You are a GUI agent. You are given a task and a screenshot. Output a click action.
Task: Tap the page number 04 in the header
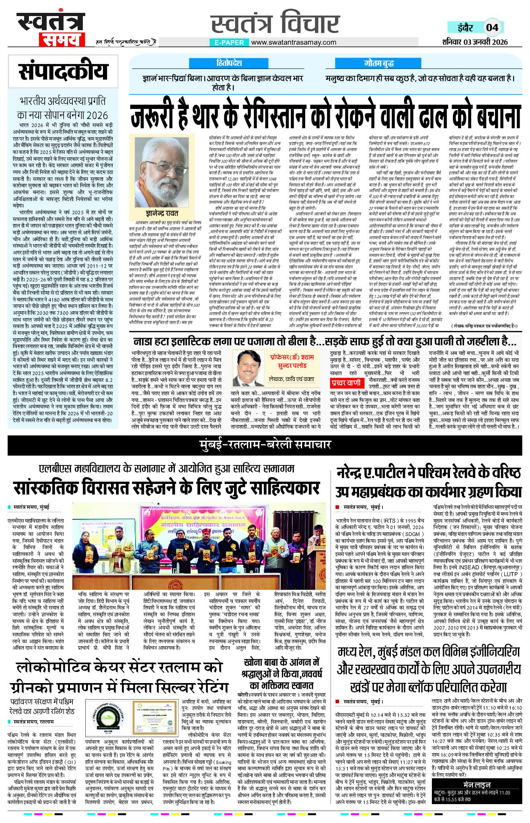(492, 27)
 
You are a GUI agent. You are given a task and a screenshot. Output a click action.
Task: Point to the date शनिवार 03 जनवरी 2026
(475, 42)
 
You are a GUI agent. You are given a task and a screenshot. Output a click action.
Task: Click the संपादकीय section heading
(63, 72)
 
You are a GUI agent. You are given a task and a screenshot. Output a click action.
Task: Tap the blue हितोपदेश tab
(229, 63)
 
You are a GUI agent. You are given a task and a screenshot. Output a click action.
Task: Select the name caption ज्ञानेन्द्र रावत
(162, 213)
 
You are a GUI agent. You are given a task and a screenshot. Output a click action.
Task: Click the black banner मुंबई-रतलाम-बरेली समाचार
(265, 444)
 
